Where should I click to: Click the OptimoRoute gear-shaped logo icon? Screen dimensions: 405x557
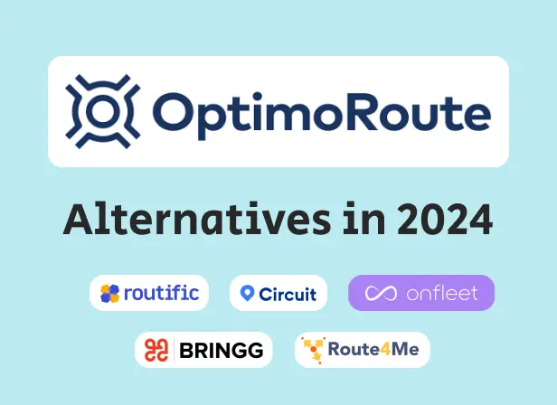point(100,112)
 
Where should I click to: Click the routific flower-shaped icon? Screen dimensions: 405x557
point(109,293)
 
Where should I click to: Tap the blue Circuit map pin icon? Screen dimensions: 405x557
point(247,294)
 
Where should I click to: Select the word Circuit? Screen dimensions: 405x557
point(288,294)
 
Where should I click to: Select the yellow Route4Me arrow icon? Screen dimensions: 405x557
point(314,350)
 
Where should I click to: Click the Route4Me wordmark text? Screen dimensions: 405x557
point(373,350)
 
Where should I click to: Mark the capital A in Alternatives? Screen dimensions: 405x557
point(78,220)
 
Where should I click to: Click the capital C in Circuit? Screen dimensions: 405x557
point(265,294)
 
